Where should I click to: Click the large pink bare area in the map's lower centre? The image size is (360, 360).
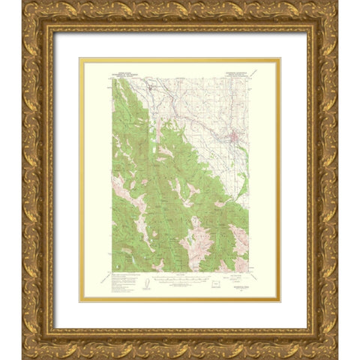click(196, 247)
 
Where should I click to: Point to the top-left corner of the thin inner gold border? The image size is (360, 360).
click(81, 58)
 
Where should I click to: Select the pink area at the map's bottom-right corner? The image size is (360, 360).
click(241, 262)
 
